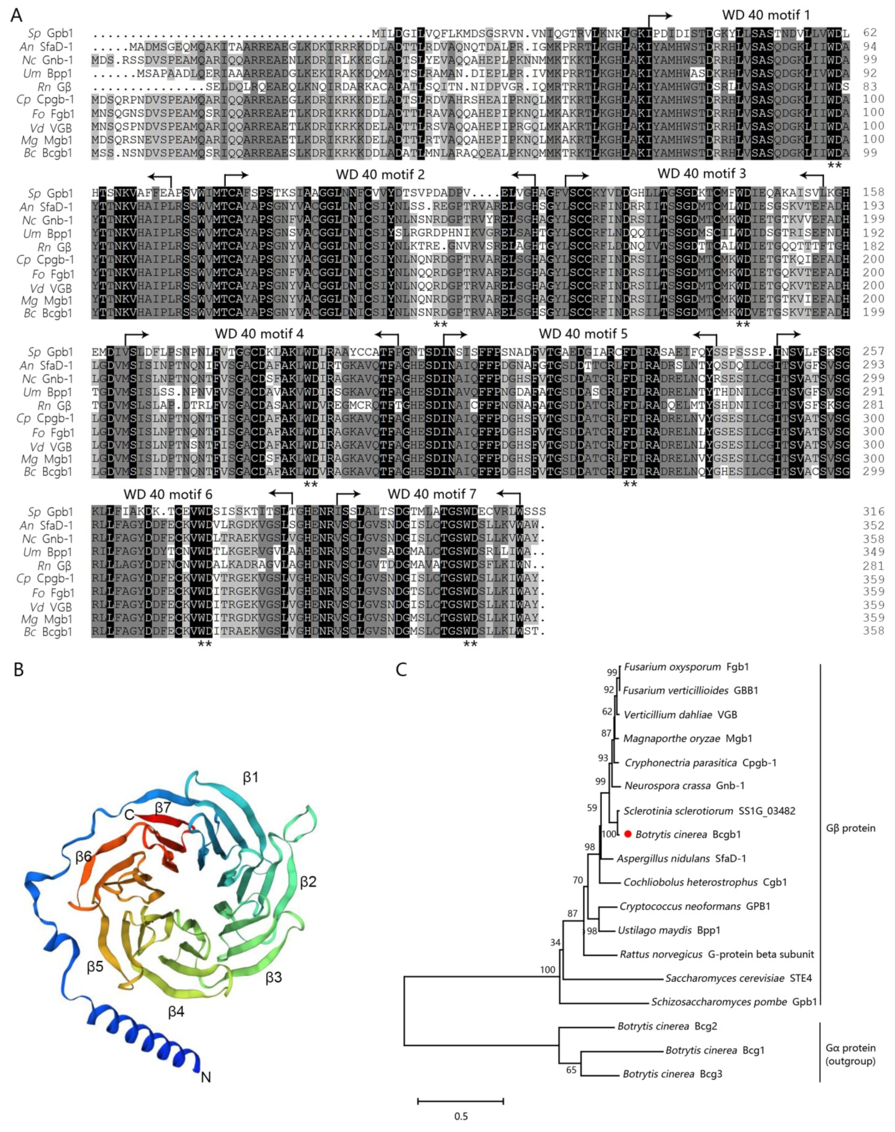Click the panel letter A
tap(17, 15)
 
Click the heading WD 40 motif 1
tap(766, 15)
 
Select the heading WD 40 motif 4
tap(259, 334)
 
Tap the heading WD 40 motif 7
tap(432, 494)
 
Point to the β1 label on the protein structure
tap(251, 777)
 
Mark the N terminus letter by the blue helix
tap(206, 1077)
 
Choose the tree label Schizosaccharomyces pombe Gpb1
tap(734, 1002)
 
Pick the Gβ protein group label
tap(850, 828)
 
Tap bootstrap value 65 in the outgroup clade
tap(571, 1070)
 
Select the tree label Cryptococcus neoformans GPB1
tap(695, 906)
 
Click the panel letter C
tap(401, 670)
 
